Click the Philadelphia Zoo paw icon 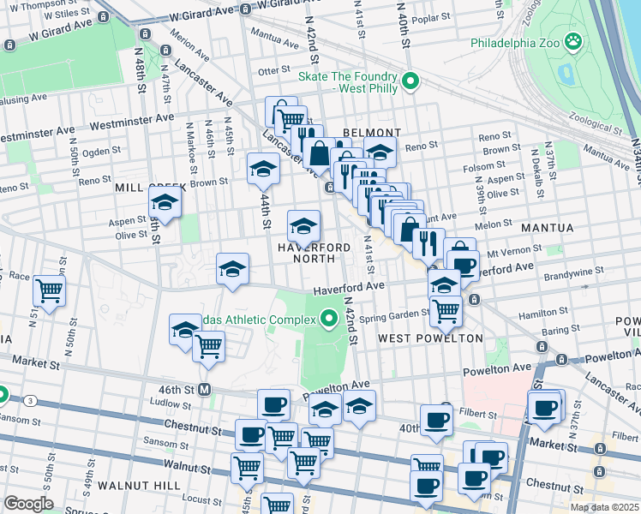click(x=573, y=41)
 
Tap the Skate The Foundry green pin click(x=410, y=82)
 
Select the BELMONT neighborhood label click(x=371, y=133)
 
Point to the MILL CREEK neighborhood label click(x=144, y=186)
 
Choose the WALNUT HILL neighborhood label click(x=139, y=485)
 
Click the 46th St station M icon click(x=205, y=389)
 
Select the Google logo click(x=28, y=504)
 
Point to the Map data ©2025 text click(x=604, y=507)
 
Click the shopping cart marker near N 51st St click(x=49, y=290)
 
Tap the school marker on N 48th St click(x=164, y=204)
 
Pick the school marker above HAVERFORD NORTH click(x=303, y=226)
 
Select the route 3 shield click(x=31, y=400)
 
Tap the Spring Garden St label click(x=393, y=314)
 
